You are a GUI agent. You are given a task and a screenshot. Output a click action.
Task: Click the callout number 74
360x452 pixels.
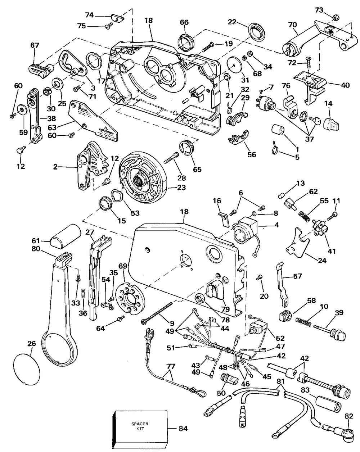coord(89,15)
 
